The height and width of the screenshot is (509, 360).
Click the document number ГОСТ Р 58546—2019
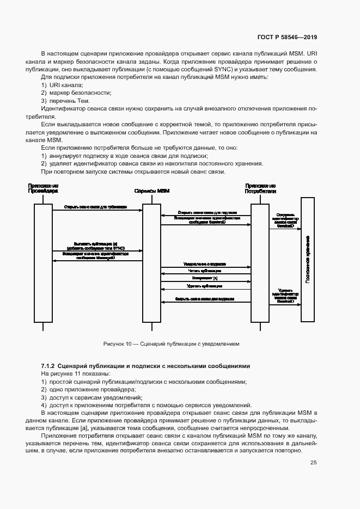click(x=287, y=37)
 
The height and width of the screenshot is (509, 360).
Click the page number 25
click(x=313, y=463)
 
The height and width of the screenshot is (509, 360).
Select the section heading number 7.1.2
click(x=49, y=366)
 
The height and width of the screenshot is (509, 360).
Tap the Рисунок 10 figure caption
click(x=171, y=344)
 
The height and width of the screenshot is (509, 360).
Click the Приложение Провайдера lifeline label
click(x=44, y=189)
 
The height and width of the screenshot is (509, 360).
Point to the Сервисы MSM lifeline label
click(x=151, y=192)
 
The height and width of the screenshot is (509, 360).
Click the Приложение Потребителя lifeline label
click(x=260, y=189)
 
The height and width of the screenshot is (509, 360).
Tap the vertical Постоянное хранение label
click(x=308, y=259)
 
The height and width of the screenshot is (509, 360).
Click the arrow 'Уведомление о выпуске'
click(x=205, y=265)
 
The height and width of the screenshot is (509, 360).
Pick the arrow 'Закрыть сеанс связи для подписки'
click(x=205, y=299)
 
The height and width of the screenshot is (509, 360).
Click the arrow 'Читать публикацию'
click(x=205, y=271)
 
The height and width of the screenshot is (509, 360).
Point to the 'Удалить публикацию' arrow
click(x=205, y=286)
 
